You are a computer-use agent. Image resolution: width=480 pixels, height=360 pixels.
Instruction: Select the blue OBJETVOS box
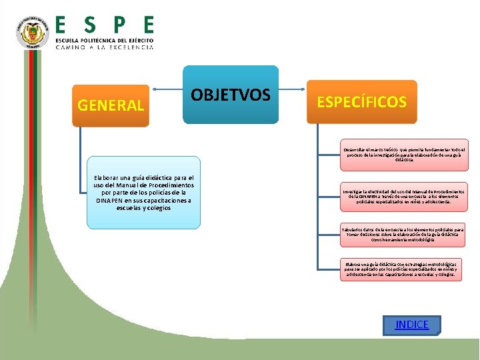pos(231,95)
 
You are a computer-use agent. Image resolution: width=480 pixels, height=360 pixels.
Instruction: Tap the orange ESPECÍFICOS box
pos(361,101)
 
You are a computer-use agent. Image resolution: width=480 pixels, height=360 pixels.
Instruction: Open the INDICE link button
pos(412,325)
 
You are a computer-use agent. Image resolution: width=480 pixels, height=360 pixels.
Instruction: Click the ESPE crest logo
pos(33,32)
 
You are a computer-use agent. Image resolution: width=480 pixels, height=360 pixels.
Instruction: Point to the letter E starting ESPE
pos(61,25)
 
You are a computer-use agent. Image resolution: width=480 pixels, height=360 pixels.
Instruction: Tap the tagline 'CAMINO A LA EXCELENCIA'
pos(104,47)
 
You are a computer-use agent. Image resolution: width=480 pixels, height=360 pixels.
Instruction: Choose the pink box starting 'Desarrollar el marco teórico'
pos(404,155)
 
